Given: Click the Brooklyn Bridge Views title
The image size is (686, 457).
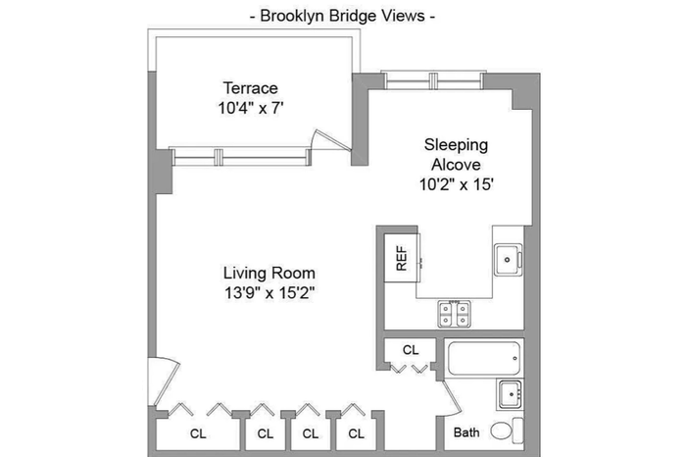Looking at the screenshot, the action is (343, 17).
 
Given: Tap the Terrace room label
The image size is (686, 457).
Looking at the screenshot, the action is (251, 88).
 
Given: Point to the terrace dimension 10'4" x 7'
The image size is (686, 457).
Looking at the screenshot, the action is (251, 108).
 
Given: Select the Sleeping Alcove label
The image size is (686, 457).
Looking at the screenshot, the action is (456, 155).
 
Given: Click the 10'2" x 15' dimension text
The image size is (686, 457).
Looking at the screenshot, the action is (457, 184).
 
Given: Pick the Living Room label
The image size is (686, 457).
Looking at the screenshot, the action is (269, 273).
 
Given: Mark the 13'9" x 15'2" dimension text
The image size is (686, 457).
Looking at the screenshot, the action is (269, 292).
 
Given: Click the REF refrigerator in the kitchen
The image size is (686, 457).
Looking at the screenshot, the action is (402, 258).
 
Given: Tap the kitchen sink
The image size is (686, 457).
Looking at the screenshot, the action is (508, 260).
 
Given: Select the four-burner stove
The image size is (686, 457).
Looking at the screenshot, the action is (454, 314).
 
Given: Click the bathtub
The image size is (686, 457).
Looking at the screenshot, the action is (484, 358).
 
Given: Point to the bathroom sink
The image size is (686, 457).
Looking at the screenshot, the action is (511, 394).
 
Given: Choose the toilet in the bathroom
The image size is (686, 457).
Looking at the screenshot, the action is (507, 431).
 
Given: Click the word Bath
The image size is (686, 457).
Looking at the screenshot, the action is (466, 432).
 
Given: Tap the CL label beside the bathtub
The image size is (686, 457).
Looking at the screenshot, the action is (411, 350).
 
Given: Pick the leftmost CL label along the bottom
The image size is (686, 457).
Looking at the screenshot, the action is (198, 433).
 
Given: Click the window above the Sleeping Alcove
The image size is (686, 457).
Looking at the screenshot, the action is (433, 81).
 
